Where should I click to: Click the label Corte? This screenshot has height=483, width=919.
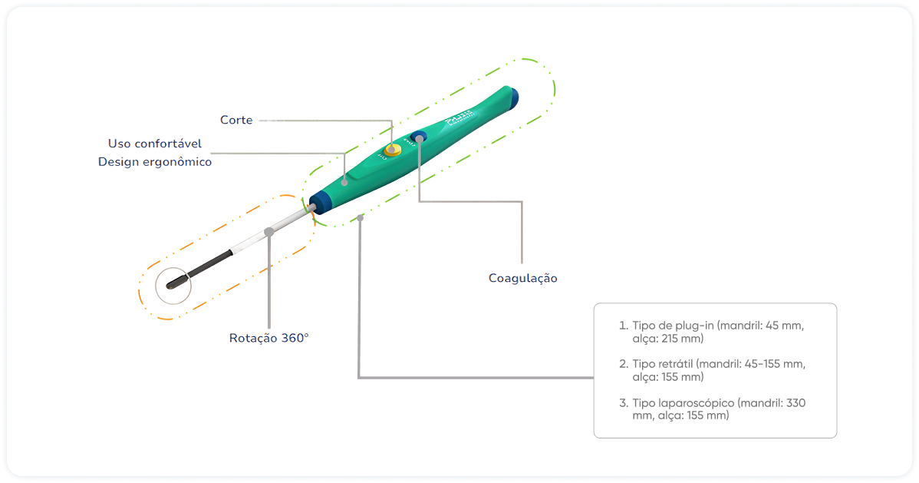pos(236,121)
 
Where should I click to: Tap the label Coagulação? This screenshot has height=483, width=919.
pos(522,278)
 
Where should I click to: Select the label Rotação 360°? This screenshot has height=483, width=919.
pos(268,338)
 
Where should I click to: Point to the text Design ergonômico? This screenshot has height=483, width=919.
pos(155,162)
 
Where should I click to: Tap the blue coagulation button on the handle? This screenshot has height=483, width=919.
pos(419,137)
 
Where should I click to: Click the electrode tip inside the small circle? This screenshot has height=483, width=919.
pos(172,283)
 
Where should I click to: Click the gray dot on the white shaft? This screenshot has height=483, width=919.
pos(268,231)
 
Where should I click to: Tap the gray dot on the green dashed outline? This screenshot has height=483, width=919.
pos(359,218)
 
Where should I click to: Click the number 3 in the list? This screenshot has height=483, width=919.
pos(622,402)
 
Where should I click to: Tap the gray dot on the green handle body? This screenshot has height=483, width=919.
pos(345,182)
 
